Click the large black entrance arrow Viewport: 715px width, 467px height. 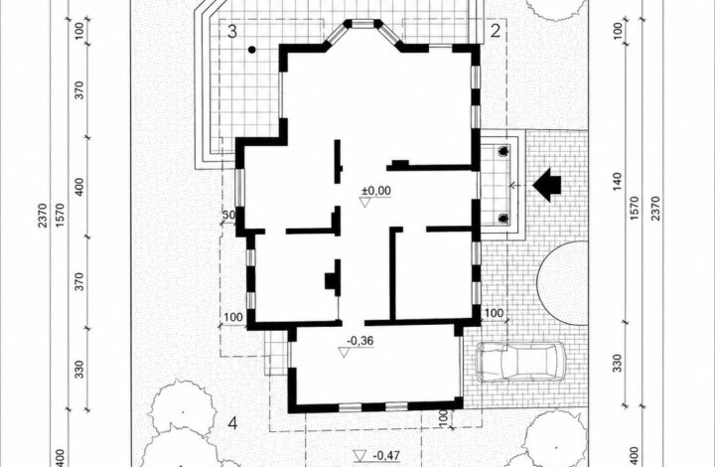coord(546,185)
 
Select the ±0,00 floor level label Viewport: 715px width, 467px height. coord(375,191)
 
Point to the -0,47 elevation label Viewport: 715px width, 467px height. coord(386,455)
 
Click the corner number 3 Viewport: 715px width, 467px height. coord(232,32)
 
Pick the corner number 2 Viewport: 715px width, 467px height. coord(496,31)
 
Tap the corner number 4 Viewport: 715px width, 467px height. coord(232,424)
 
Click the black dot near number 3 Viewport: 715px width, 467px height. coord(251,50)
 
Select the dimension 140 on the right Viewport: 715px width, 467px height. coord(617,182)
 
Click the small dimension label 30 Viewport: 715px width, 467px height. coord(229,215)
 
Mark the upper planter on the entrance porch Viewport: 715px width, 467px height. coord(503,151)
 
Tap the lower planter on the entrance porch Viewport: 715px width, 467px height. coord(503,218)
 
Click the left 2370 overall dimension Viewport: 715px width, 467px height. coord(43,216)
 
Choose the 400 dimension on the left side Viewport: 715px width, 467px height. coord(79,187)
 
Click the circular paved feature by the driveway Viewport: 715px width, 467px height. coord(562,283)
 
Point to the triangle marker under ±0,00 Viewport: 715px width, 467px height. coord(364,203)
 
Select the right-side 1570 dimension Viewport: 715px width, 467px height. coord(635,209)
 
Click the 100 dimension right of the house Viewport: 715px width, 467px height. coord(494,313)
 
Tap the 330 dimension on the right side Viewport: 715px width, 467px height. coord(617,363)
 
